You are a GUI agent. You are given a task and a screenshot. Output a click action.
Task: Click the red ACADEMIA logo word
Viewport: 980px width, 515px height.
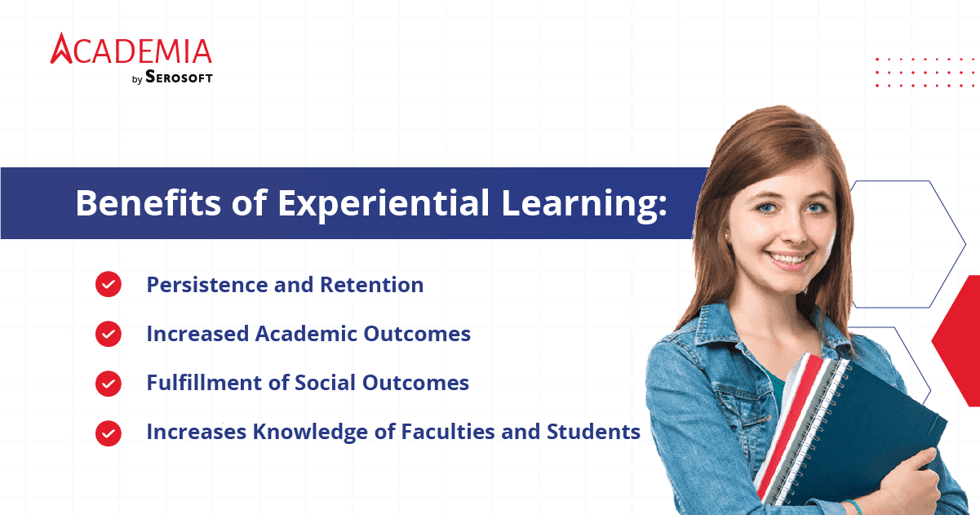coord(131,48)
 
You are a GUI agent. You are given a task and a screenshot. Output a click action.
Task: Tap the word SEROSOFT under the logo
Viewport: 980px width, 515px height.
coord(179,77)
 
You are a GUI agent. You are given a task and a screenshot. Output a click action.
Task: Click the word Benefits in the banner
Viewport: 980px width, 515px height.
coord(149,202)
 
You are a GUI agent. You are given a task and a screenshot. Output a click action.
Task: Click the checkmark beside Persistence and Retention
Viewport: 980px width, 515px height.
coord(109,284)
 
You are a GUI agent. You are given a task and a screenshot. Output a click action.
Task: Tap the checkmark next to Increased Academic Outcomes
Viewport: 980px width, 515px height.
coord(109,334)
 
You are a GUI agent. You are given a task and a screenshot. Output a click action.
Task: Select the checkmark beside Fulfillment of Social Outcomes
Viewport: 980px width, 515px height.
coord(109,384)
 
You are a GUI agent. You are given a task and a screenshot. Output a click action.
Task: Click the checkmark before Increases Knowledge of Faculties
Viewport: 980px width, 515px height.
coord(109,433)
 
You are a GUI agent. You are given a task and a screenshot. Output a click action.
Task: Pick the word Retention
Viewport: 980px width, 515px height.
coord(372,285)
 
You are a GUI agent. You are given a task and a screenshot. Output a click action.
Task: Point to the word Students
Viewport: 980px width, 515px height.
coord(594,432)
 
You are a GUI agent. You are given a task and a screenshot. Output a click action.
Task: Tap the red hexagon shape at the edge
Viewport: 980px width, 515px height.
coord(958,341)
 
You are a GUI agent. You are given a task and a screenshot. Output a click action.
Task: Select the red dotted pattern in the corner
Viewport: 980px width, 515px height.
coord(925,72)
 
